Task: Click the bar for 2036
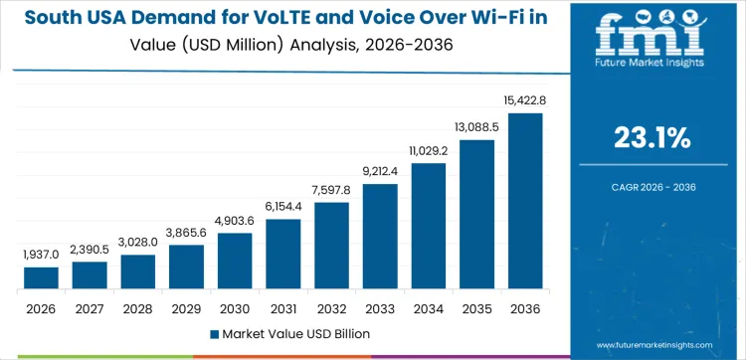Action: (x=525, y=202)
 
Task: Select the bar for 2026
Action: (x=41, y=278)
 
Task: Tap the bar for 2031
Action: (x=283, y=255)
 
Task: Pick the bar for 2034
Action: (x=429, y=227)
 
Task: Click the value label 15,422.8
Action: (x=525, y=99)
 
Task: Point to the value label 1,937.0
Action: (x=41, y=255)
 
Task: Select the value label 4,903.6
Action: (x=235, y=220)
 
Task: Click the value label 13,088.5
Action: (x=477, y=126)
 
